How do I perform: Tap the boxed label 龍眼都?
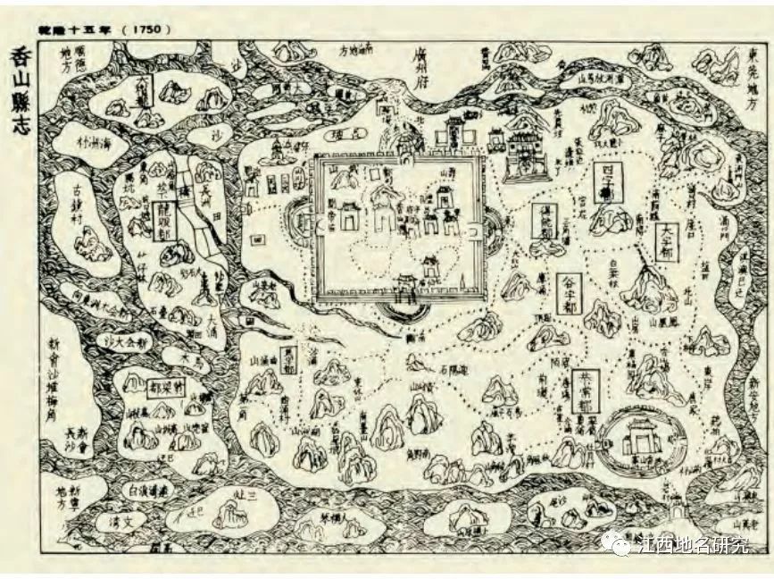click(x=164, y=215)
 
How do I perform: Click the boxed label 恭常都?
click(x=584, y=389)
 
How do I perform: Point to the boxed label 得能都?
click(x=543, y=220)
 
